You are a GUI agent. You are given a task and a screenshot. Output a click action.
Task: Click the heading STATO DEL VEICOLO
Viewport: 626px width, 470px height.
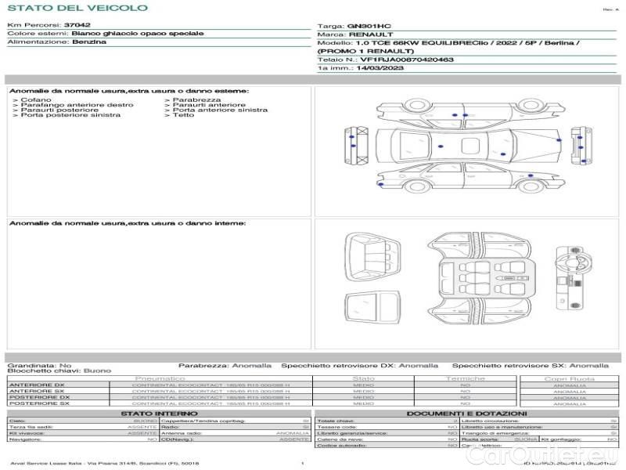point(77,8)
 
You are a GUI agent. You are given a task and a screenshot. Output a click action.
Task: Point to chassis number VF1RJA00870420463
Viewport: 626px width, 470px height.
point(406,59)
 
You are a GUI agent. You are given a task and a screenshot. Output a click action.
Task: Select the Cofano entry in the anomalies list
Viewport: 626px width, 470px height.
point(37,100)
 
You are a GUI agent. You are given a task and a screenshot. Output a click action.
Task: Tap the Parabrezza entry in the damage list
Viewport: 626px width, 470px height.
point(197,100)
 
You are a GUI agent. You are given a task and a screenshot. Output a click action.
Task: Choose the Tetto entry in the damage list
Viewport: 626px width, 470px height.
point(184,115)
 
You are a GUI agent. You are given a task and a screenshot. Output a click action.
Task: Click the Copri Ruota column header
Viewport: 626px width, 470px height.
point(570,379)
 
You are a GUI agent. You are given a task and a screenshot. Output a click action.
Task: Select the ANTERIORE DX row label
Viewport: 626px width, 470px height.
point(37,385)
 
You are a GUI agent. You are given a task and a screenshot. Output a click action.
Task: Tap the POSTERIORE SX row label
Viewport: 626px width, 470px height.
point(39,403)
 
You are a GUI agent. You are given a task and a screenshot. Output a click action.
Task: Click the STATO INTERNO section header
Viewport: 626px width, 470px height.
point(154,413)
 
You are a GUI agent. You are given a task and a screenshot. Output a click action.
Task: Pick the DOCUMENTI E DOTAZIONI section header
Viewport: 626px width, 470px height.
point(466,413)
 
